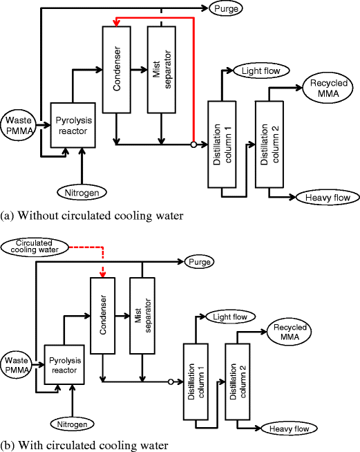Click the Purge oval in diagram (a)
pos(226,9)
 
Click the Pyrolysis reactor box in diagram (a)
pos(73,125)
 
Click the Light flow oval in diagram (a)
pos(256,70)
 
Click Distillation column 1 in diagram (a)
pos(222,145)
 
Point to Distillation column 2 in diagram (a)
pos(267,145)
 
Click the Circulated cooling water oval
pos(34,247)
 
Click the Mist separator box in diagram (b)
pos(142,315)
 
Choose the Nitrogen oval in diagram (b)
pos(73,422)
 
